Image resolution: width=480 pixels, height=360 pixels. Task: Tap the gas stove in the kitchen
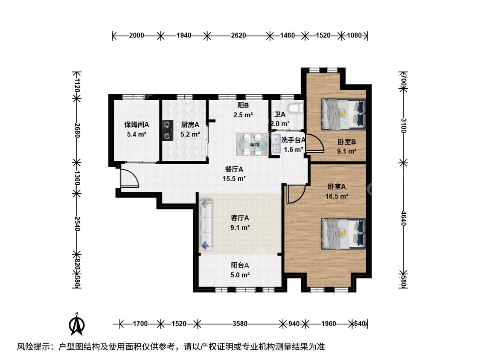168,130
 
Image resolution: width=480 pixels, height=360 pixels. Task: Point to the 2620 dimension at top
239,35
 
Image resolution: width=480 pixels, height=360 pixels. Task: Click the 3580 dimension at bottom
240,323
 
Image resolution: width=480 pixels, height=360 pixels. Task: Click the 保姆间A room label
137,125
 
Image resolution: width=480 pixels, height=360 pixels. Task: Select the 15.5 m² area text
234,178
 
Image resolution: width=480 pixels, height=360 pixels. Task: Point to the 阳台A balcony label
240,265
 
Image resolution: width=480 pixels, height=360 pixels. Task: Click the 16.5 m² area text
337,196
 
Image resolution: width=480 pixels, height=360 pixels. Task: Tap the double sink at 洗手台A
276,143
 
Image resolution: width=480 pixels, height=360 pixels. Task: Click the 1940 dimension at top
184,35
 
